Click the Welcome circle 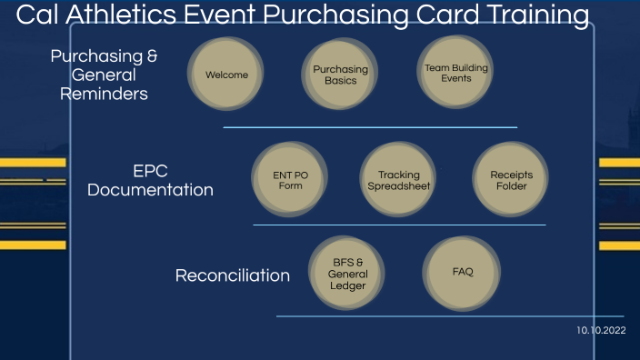[226, 75]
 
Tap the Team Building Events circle [455, 73]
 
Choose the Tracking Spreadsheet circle [398, 180]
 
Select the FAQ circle [462, 272]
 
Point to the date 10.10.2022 [601, 331]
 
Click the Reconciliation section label [232, 275]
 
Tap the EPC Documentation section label [150, 180]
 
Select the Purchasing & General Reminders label [104, 75]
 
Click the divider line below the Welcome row [370, 127]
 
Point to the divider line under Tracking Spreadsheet [399, 225]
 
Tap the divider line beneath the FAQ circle [450, 316]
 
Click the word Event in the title [224, 15]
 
